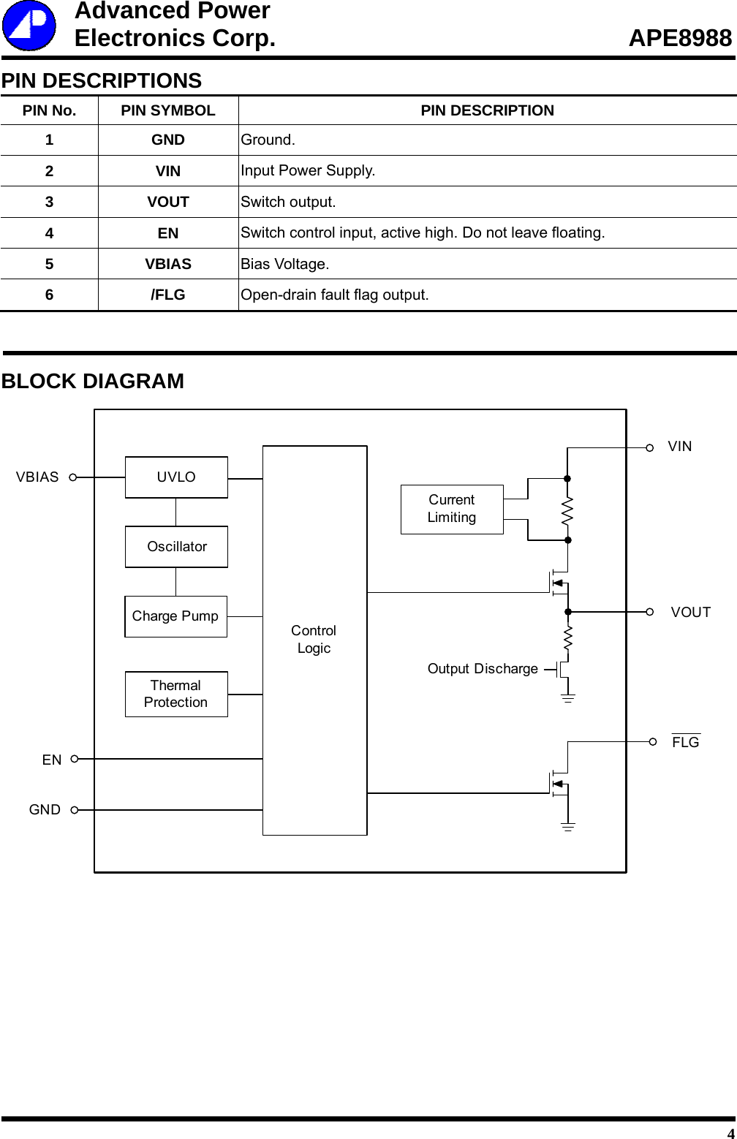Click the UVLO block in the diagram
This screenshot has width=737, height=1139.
pyautogui.click(x=176, y=477)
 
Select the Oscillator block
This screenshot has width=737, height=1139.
pyautogui.click(x=176, y=547)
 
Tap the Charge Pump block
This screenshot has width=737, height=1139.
pyautogui.click(x=175, y=616)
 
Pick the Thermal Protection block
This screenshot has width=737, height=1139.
pyautogui.click(x=176, y=694)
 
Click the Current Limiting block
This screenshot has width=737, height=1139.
pyautogui.click(x=452, y=509)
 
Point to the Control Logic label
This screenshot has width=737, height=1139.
pyautogui.click(x=314, y=639)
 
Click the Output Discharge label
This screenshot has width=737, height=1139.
pyautogui.click(x=483, y=669)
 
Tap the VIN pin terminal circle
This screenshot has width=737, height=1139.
pyautogui.click(x=650, y=448)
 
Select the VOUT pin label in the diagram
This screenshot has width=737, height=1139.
pyautogui.click(x=690, y=613)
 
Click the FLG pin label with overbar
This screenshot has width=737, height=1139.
pyautogui.click(x=686, y=742)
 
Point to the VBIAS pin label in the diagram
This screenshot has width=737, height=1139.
pyautogui.click(x=37, y=477)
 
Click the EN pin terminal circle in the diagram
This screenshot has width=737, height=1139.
pyautogui.click(x=75, y=760)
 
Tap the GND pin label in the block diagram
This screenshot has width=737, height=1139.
pyautogui.click(x=45, y=810)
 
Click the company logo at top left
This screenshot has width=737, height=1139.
pyautogui.click(x=29, y=26)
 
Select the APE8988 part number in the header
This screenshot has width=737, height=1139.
pyautogui.click(x=680, y=38)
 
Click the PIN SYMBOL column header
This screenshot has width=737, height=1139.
pyautogui.click(x=168, y=110)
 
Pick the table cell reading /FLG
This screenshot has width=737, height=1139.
pyautogui.click(x=168, y=295)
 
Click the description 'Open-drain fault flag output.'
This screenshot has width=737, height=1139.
pyautogui.click(x=335, y=295)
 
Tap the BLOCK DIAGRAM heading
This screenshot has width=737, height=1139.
pyautogui.click(x=93, y=381)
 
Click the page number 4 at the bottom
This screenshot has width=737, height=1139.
pyautogui.click(x=730, y=1133)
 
